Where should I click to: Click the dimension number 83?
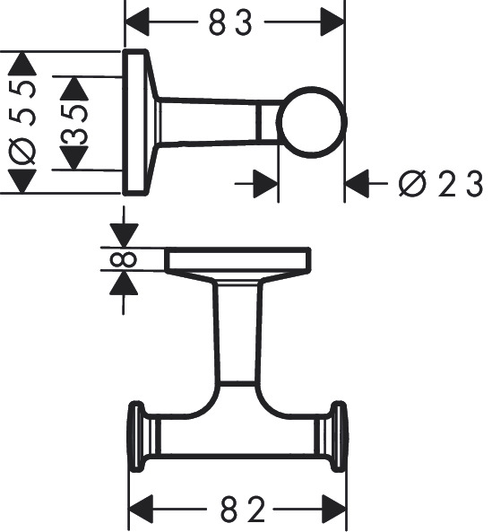[232, 21]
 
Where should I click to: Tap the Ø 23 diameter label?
[441, 185]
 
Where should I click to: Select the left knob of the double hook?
[137, 437]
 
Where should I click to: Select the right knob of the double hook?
[339, 437]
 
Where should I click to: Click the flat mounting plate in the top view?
[238, 260]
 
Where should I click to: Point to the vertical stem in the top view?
[238, 332]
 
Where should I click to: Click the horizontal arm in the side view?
[215, 122]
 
